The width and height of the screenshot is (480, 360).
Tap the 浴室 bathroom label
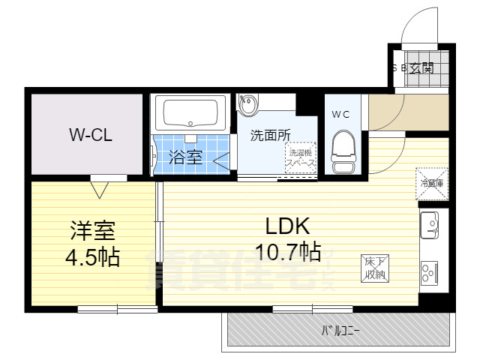pos(185,158)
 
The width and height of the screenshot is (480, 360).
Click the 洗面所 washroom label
pos(270,136)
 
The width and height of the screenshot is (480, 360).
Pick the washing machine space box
pos(300,160)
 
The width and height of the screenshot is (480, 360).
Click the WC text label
pos(341,115)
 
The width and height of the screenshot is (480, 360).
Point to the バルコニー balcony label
pos(340,329)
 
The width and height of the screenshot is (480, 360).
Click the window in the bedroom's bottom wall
pos(116,308)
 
